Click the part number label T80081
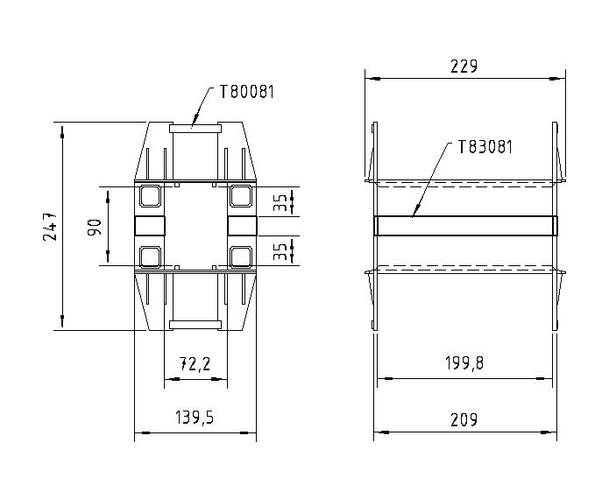tap(246, 92)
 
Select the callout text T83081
tap(485, 147)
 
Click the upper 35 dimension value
tap(279, 203)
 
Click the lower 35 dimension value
tap(279, 251)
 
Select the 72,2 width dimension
tap(195, 363)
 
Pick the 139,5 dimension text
tap(194, 418)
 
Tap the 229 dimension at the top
tap(464, 67)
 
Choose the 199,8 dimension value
tap(464, 363)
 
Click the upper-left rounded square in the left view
tap(150, 196)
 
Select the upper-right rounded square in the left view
tap(241, 196)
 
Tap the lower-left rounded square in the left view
tap(150, 256)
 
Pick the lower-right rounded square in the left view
tap(241, 256)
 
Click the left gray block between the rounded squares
tap(150, 226)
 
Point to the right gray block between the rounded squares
tap(241, 226)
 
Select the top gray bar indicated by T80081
tap(195, 127)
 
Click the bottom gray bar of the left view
tap(195, 325)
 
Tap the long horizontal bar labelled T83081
tap(465, 226)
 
